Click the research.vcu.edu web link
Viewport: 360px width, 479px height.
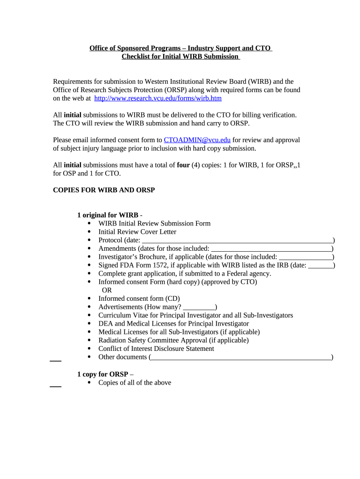click(x=158, y=98)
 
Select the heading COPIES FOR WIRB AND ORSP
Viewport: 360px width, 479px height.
click(x=104, y=190)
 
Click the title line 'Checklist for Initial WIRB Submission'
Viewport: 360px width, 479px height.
click(x=180, y=57)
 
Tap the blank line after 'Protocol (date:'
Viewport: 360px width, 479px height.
click(x=237, y=240)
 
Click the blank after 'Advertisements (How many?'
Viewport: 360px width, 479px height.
click(x=199, y=307)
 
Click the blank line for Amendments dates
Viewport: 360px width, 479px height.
click(x=271, y=249)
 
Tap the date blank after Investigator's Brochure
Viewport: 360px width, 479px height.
click(x=305, y=257)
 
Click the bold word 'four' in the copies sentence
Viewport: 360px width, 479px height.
click(x=183, y=165)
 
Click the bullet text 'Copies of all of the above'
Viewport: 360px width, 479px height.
click(x=135, y=383)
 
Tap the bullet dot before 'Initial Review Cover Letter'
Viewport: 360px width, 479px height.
click(x=89, y=232)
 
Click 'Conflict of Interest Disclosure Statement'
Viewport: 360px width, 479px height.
click(x=156, y=348)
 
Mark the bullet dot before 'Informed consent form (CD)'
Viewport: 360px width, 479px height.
click(x=89, y=298)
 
